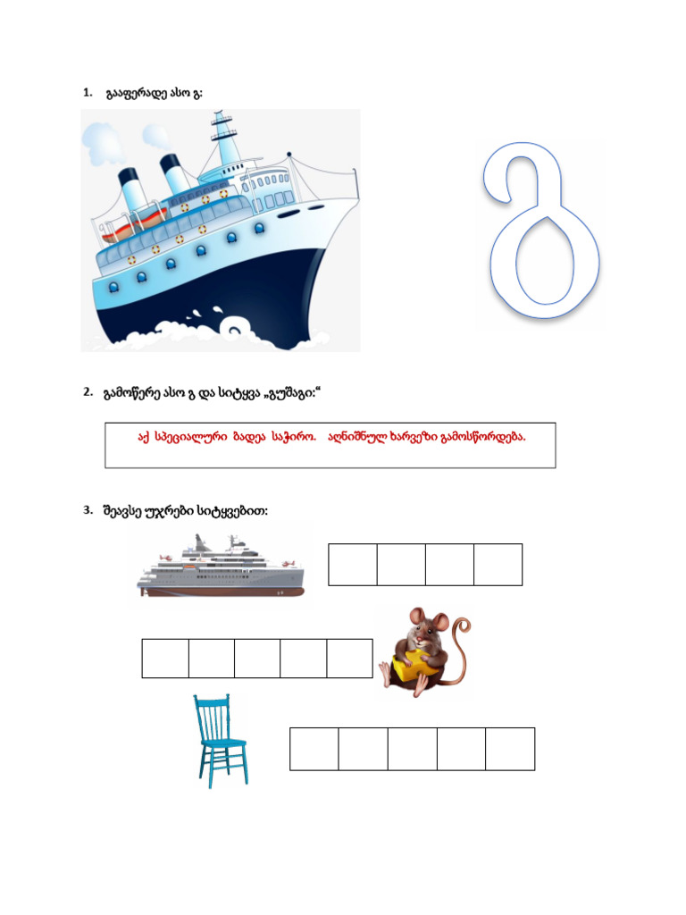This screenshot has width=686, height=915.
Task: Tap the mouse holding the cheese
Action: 424,651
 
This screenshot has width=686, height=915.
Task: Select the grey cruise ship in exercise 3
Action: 221,566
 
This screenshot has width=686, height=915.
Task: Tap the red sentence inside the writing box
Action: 331,437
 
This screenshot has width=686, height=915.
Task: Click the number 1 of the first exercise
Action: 88,92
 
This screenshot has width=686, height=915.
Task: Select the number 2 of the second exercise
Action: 88,391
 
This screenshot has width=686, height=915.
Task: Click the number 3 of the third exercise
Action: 88,510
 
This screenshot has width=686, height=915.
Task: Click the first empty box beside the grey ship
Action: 353,565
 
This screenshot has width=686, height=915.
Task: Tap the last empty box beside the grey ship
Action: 498,565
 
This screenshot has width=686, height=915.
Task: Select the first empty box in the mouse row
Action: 165,659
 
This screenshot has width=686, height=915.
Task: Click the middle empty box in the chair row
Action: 413,749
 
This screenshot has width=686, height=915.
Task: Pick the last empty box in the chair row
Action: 510,749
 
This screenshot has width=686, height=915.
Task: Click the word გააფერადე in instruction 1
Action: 137,93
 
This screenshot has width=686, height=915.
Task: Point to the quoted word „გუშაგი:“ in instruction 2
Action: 292,393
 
